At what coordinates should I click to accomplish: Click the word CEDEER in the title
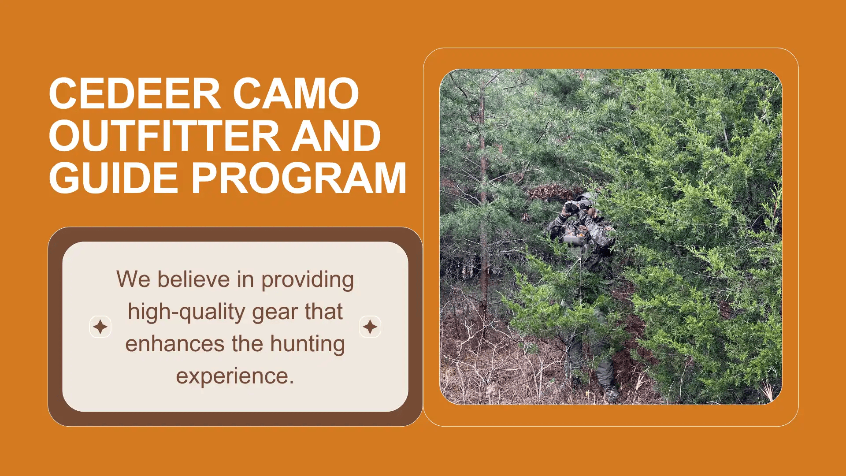pos(135,93)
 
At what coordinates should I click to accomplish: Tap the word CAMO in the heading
pos(296,93)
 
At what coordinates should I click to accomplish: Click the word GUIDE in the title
pos(113,178)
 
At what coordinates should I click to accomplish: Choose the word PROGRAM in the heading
pos(299,178)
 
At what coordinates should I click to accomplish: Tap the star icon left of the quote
pos(100,327)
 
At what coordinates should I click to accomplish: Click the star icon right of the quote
pos(370,327)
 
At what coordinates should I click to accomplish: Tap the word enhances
pos(175,344)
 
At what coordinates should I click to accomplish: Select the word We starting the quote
pos(134,279)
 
